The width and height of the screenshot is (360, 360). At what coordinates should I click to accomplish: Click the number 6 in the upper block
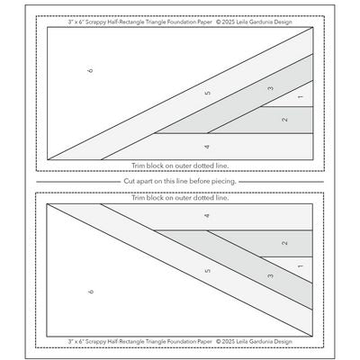pyautogui.click(x=91, y=69)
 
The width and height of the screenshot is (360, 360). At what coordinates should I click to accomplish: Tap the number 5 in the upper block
pyautogui.click(x=207, y=94)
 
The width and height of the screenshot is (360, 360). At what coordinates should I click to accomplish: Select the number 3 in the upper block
pyautogui.click(x=270, y=88)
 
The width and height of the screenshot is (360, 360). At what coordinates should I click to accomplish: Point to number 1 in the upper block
pyautogui.click(x=300, y=96)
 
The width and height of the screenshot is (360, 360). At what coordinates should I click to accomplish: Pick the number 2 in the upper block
pyautogui.click(x=284, y=120)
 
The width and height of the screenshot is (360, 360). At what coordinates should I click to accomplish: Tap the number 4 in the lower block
pyautogui.click(x=207, y=217)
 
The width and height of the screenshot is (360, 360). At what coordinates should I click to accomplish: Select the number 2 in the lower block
pyautogui.click(x=284, y=244)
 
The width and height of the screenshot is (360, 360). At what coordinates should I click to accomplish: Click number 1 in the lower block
pyautogui.click(x=300, y=267)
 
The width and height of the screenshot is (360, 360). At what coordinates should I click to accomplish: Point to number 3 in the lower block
pyautogui.click(x=270, y=275)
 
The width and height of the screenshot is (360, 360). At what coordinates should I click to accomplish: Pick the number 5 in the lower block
pyautogui.click(x=207, y=270)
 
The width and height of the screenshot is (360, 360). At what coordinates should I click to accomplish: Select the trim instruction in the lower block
pyautogui.click(x=180, y=197)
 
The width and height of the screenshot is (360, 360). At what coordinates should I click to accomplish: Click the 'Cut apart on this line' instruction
pyautogui.click(x=180, y=182)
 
